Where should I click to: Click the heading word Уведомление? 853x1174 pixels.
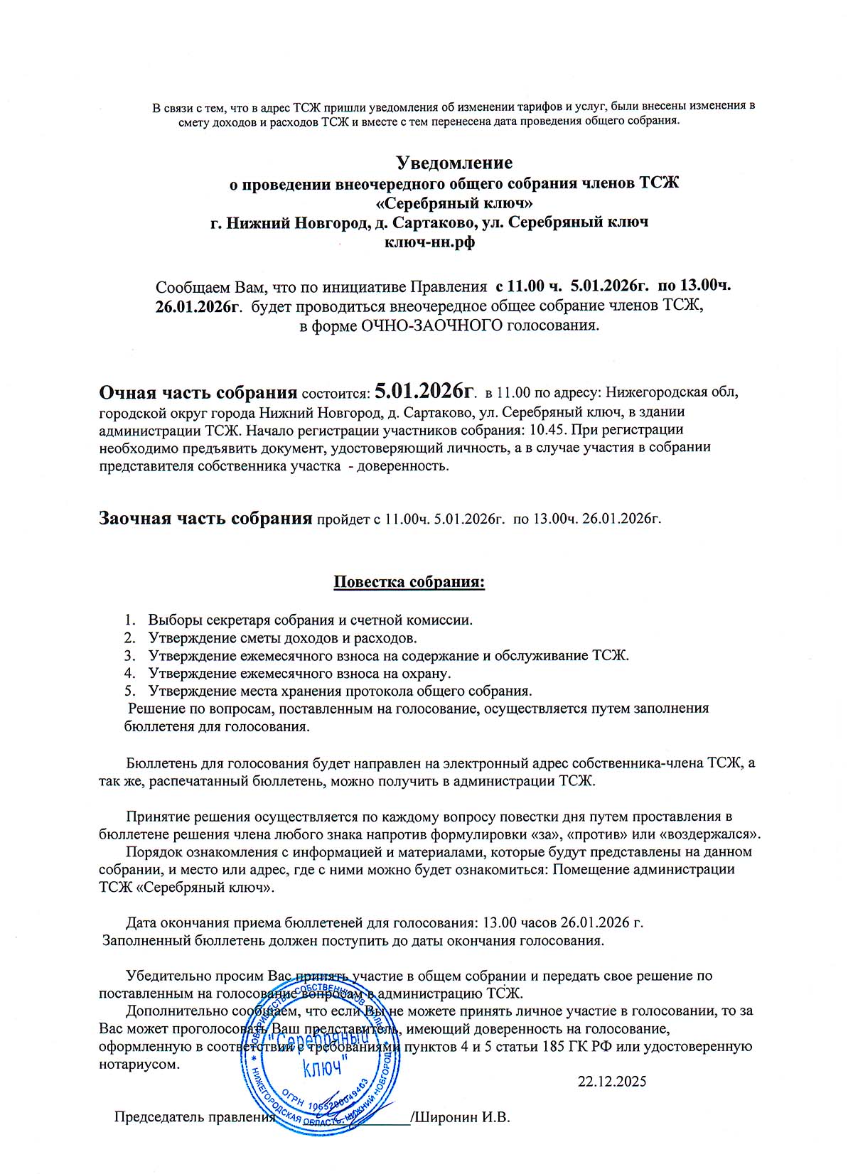(x=454, y=163)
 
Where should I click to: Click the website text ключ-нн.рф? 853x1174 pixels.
(x=429, y=242)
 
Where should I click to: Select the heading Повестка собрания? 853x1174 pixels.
(x=409, y=582)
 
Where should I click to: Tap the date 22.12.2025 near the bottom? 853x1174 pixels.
(x=612, y=1081)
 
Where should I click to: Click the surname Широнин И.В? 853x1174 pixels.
(x=463, y=1116)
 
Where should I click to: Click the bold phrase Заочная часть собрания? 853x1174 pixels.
(x=205, y=517)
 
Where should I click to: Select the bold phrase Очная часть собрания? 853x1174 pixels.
(x=198, y=392)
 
